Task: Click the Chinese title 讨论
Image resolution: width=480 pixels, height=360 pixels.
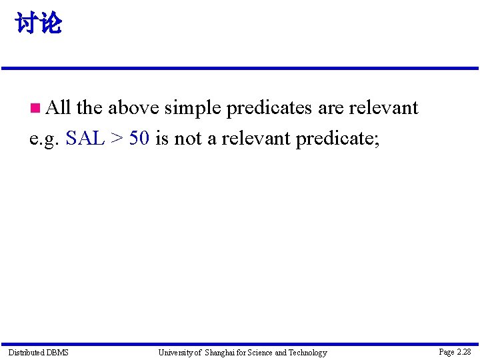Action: [x=39, y=24]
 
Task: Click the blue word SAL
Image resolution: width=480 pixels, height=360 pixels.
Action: [x=85, y=139]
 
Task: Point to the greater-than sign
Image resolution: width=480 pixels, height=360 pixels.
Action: [x=117, y=139]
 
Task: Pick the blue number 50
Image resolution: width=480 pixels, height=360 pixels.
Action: [x=139, y=139]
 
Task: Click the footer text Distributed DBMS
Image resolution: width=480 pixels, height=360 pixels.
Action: [x=38, y=352]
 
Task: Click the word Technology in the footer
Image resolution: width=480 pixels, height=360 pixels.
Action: [x=307, y=352]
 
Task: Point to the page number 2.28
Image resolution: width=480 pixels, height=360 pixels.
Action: [x=455, y=351]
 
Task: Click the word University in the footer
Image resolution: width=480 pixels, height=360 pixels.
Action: [x=176, y=352]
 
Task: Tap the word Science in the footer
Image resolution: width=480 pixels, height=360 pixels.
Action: [x=260, y=352]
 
